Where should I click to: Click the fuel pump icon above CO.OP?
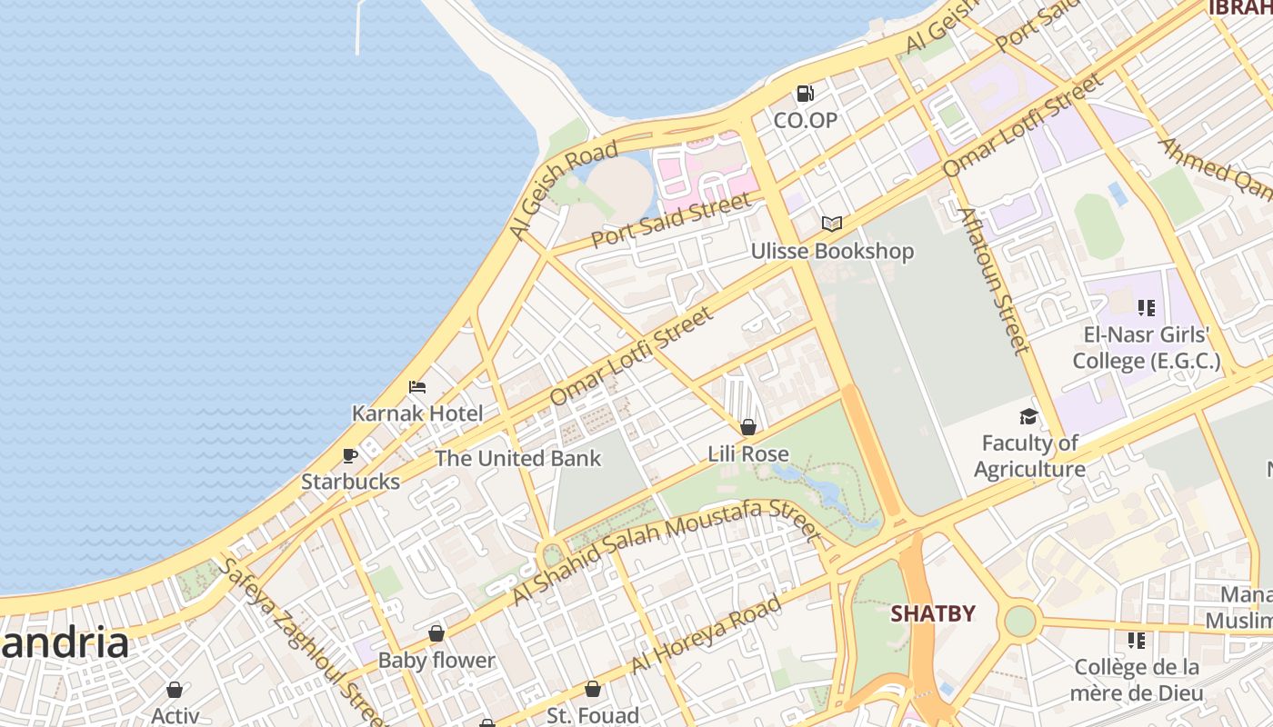click(805, 93)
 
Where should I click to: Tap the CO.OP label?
click(805, 120)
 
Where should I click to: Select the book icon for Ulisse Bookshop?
click(831, 224)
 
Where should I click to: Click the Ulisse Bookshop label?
click(831, 251)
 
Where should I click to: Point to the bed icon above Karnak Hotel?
click(417, 387)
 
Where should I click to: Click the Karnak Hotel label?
click(417, 413)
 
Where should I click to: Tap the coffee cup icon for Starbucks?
click(350, 455)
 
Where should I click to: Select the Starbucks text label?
click(350, 482)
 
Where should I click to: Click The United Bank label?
click(517, 458)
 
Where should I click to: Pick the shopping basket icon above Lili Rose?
click(748, 427)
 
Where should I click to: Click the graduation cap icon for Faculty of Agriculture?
click(1028, 416)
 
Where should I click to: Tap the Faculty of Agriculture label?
click(1029, 456)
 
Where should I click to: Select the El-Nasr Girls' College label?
click(1146, 348)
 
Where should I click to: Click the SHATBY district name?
click(932, 613)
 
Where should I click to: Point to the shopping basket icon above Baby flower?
click(436, 633)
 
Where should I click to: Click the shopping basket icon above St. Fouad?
click(592, 690)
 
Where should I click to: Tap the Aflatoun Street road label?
click(995, 280)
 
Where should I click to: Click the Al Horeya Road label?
click(706, 633)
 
